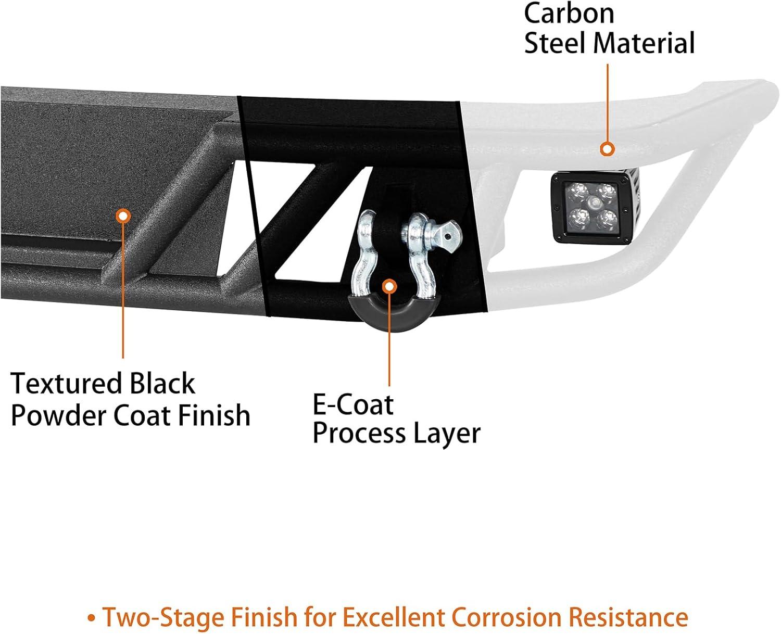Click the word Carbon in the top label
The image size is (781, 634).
(569, 14)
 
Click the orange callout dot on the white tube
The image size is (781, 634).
(607, 149)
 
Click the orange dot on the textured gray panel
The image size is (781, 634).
(123, 216)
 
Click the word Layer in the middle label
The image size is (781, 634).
(448, 434)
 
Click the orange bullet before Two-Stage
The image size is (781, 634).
(92, 618)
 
